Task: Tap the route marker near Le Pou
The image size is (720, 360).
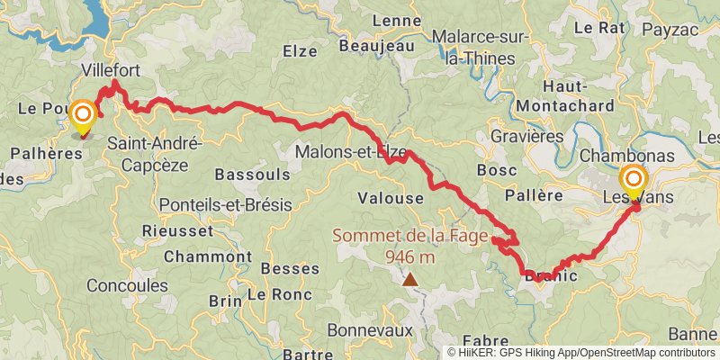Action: pos(84,115)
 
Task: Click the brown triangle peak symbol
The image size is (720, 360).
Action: pos(410,279)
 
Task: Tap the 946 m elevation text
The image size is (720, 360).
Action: pos(410,257)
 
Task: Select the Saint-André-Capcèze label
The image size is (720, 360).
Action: pos(154,153)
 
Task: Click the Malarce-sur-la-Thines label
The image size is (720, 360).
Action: pos(474,48)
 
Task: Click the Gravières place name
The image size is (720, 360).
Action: pos(527,137)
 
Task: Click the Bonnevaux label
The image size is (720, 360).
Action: pos(369,329)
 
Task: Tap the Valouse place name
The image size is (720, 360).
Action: pos(390,198)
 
